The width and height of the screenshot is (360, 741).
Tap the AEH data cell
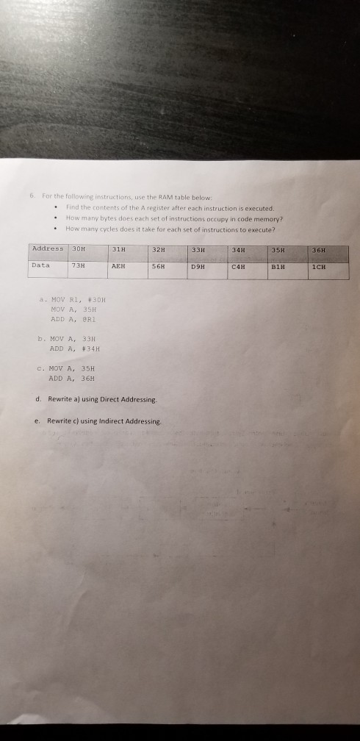coord(118,266)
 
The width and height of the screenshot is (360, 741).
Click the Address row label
coord(46,248)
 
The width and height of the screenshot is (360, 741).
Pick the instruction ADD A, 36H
coord(69,378)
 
